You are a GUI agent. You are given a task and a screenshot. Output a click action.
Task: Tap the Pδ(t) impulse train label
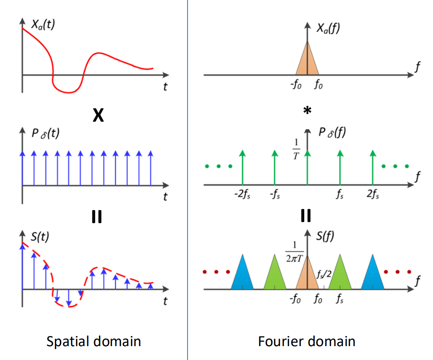[x=45, y=135]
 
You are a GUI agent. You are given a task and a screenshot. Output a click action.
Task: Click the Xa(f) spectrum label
[x=329, y=28]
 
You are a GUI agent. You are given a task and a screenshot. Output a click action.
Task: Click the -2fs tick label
[x=242, y=196]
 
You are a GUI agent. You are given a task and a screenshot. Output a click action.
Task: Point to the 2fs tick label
[x=373, y=196]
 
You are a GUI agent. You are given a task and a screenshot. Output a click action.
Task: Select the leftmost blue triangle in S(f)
[x=242, y=275]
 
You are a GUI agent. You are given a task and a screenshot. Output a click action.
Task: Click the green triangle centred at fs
[x=340, y=275]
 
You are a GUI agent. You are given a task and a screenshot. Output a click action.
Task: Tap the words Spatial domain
[x=93, y=341]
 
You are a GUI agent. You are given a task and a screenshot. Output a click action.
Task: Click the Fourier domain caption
[x=307, y=341]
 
